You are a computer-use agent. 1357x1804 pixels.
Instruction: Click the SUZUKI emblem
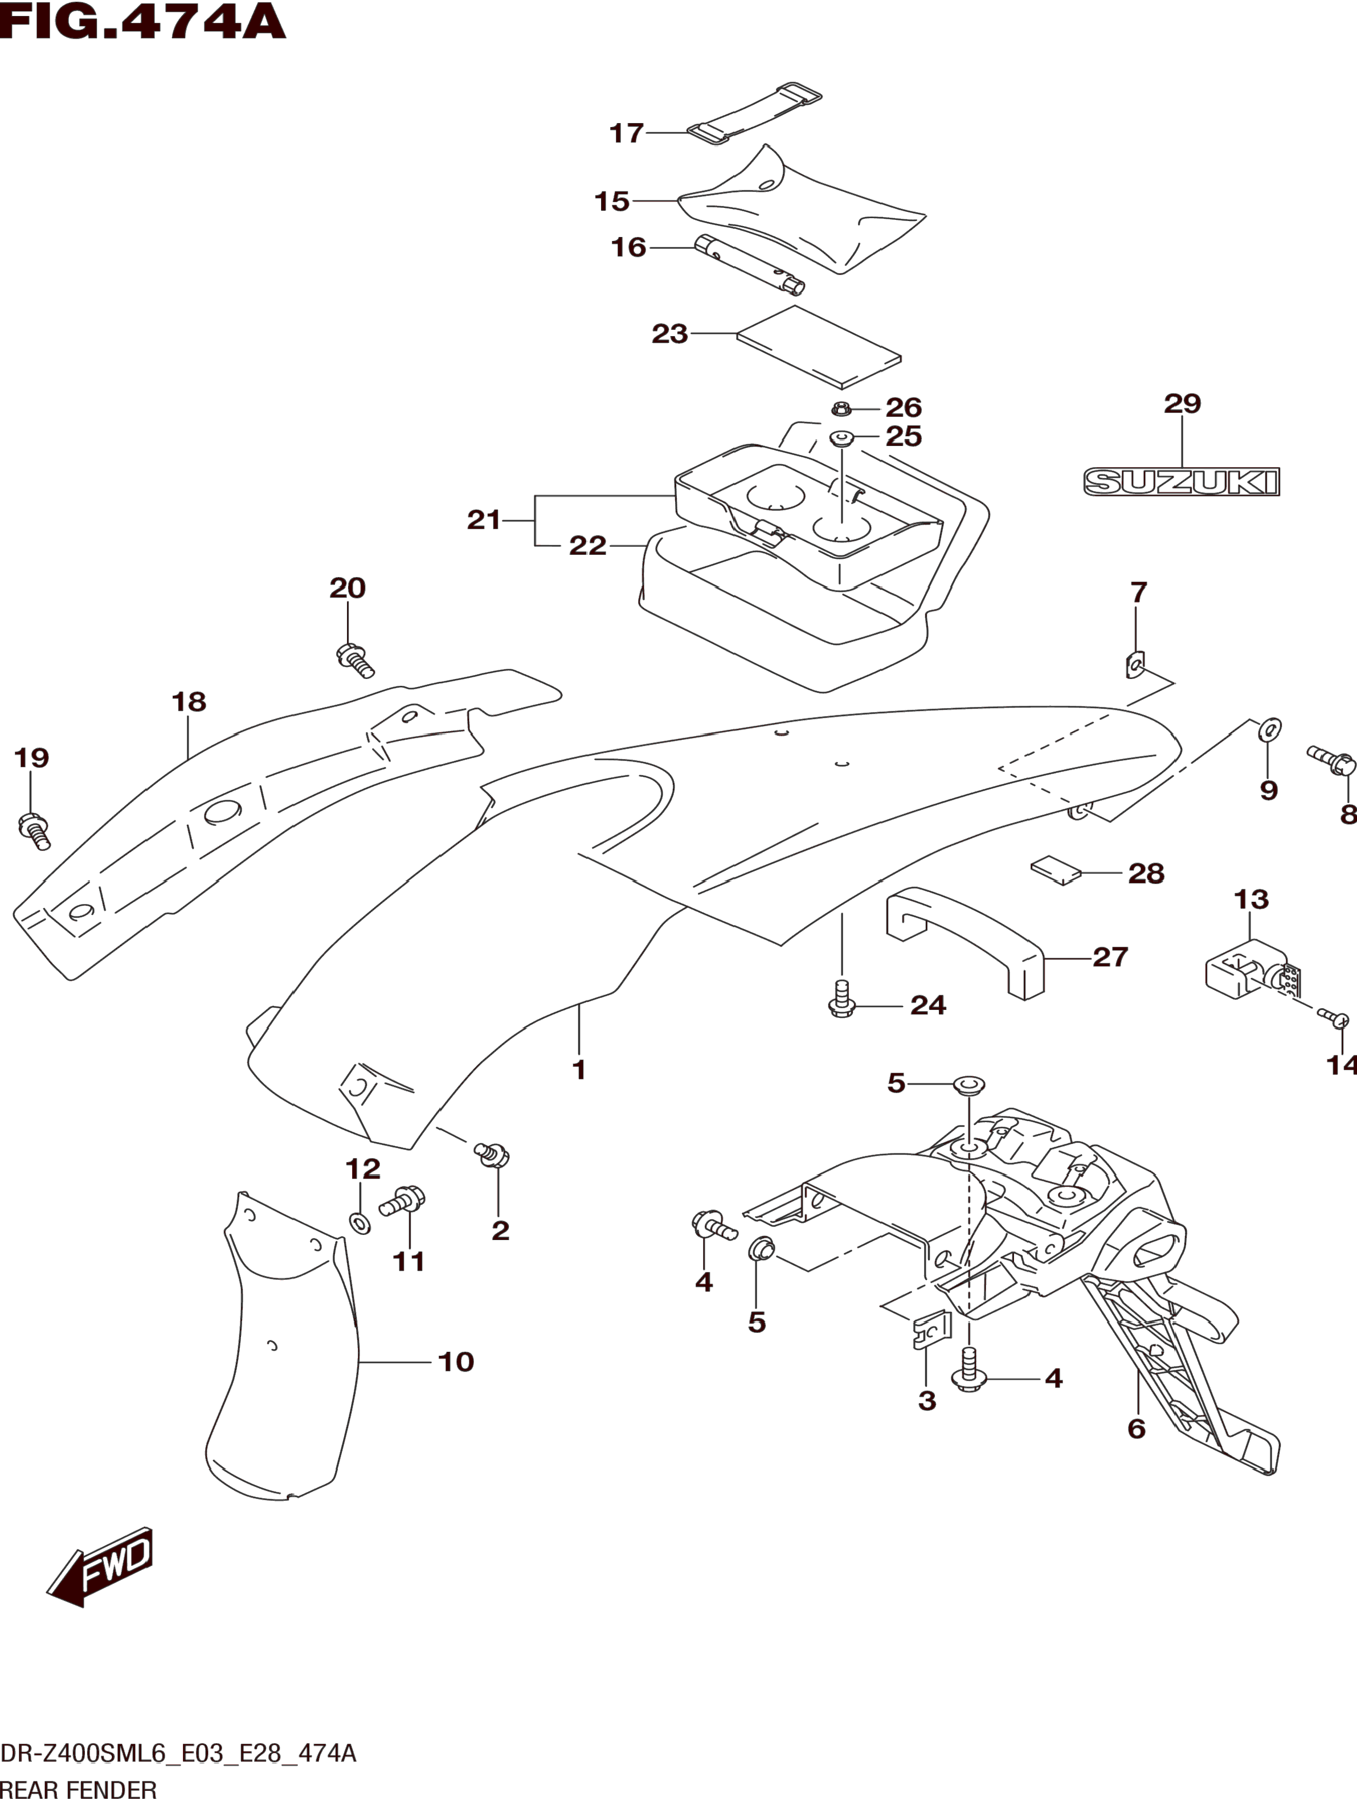coord(1181,482)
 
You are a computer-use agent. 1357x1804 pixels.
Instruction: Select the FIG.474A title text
coord(144,22)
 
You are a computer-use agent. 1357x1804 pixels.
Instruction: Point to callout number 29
coord(1183,404)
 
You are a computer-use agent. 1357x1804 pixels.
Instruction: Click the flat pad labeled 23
coord(819,347)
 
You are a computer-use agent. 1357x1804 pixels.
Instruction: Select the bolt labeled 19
coord(34,831)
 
